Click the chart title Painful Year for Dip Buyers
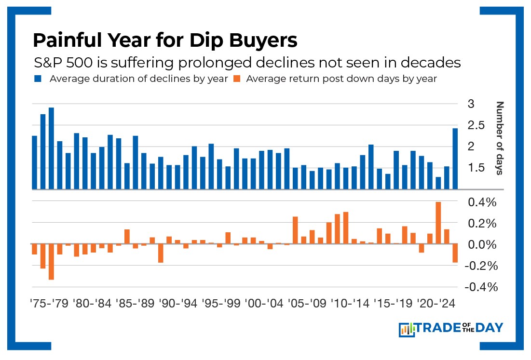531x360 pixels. tap(165, 40)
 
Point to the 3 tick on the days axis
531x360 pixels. tap(471, 104)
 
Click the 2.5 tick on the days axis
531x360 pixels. tap(475, 125)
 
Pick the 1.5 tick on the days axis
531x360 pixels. tap(475, 168)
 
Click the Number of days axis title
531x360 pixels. tap(500, 138)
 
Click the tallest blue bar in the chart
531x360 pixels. tap(51, 148)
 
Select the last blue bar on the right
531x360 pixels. tap(455, 159)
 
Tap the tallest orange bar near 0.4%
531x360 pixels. tap(438, 223)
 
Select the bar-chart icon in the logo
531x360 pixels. tap(407, 329)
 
